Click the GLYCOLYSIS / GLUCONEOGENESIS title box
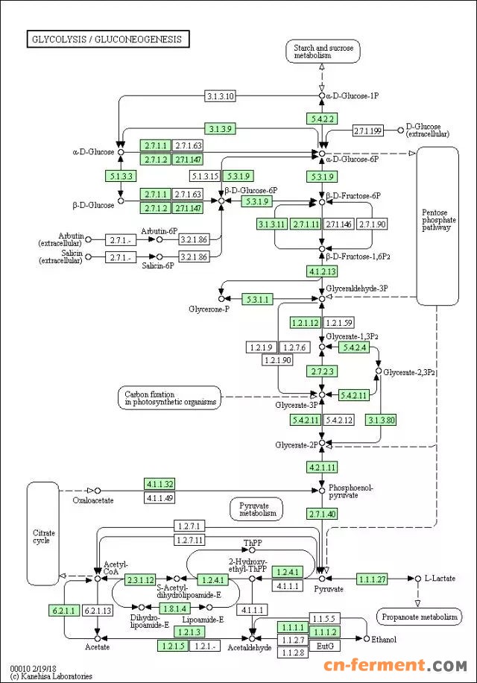[107, 39]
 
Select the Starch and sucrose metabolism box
[322, 51]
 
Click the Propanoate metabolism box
[418, 617]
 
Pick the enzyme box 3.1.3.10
[220, 96]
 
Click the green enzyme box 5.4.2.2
[322, 119]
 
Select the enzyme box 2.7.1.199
[367, 131]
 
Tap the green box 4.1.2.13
[323, 271]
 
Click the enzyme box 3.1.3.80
[380, 421]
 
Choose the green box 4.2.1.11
[323, 468]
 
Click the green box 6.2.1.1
[63, 611]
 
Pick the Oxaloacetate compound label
[93, 500]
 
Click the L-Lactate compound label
[440, 579]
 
